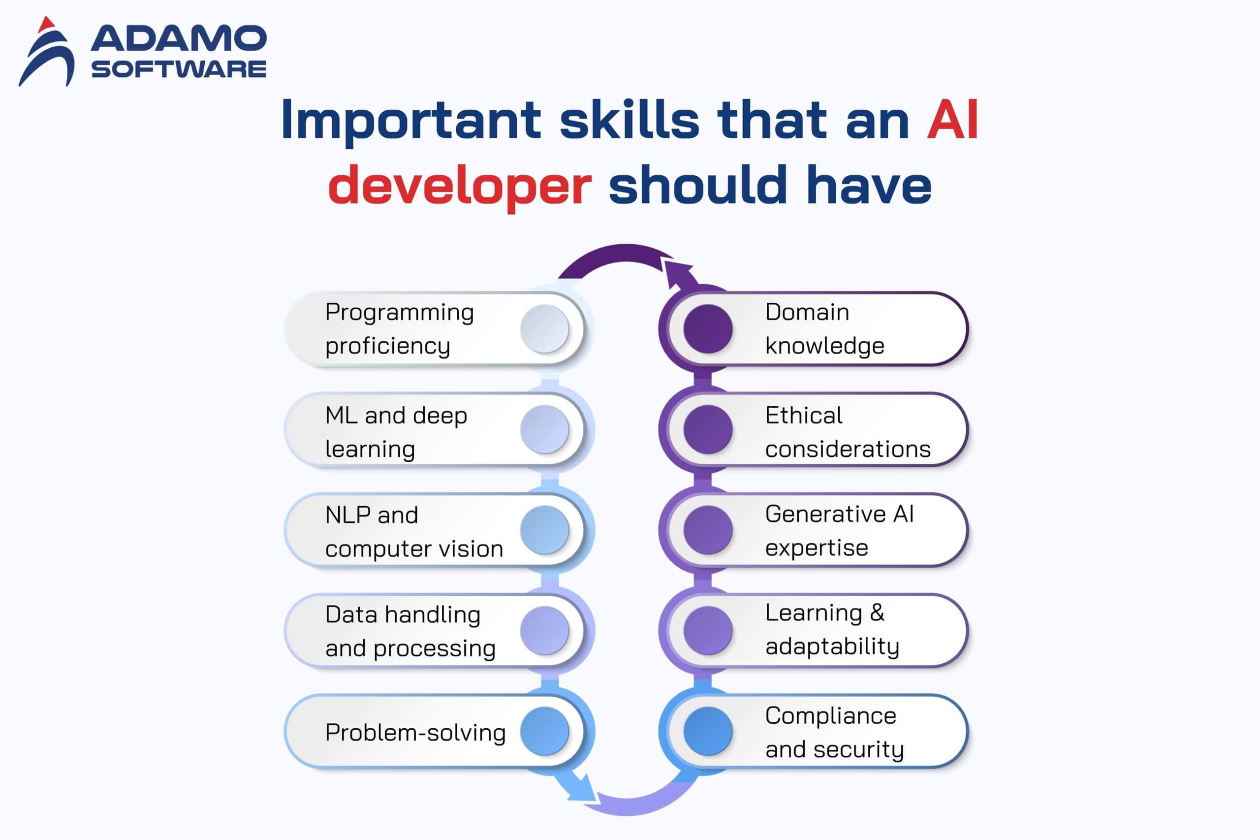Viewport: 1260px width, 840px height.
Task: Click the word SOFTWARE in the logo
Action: (x=179, y=69)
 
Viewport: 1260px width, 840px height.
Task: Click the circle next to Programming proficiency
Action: (x=544, y=328)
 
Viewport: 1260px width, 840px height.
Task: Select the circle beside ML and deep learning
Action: (x=544, y=429)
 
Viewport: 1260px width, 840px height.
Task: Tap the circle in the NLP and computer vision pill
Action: (x=544, y=530)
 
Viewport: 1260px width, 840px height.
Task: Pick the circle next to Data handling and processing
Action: (x=544, y=631)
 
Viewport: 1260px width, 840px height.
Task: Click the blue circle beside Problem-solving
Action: (x=544, y=731)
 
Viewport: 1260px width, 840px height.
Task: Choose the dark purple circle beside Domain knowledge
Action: (x=708, y=328)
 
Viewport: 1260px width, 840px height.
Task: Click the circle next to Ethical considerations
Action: (x=708, y=429)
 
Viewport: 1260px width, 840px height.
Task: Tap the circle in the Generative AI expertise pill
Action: (x=708, y=530)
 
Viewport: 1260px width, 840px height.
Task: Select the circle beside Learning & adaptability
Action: (x=708, y=631)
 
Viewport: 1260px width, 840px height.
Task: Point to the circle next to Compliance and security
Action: (x=708, y=731)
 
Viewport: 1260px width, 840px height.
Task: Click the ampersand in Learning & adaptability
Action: (x=877, y=613)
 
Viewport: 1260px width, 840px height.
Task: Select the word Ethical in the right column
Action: (x=804, y=415)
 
